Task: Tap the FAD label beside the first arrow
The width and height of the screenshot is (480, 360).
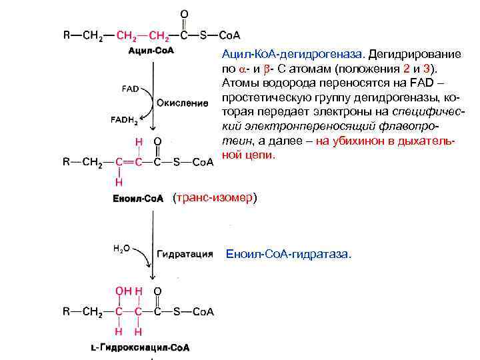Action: (x=131, y=88)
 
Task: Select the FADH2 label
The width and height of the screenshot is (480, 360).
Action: (x=125, y=121)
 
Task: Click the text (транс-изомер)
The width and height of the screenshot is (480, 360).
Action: (x=213, y=198)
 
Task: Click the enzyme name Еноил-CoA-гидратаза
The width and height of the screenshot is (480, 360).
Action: (x=288, y=254)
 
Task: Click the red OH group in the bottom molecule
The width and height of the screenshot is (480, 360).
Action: (x=123, y=291)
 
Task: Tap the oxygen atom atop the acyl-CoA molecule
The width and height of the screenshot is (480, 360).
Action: (x=184, y=14)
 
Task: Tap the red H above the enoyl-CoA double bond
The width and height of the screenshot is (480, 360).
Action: (x=139, y=142)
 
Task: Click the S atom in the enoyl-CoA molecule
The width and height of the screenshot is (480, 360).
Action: (x=177, y=161)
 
